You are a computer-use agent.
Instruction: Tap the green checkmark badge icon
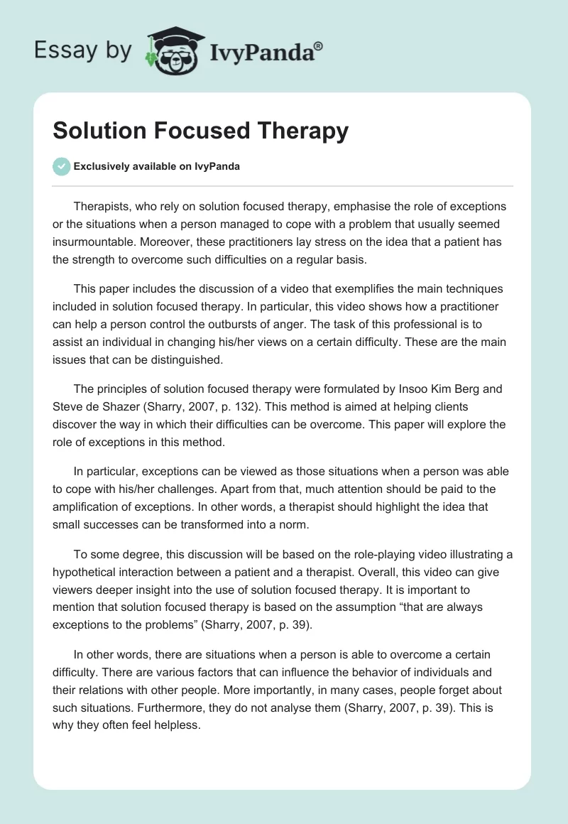(x=62, y=166)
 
